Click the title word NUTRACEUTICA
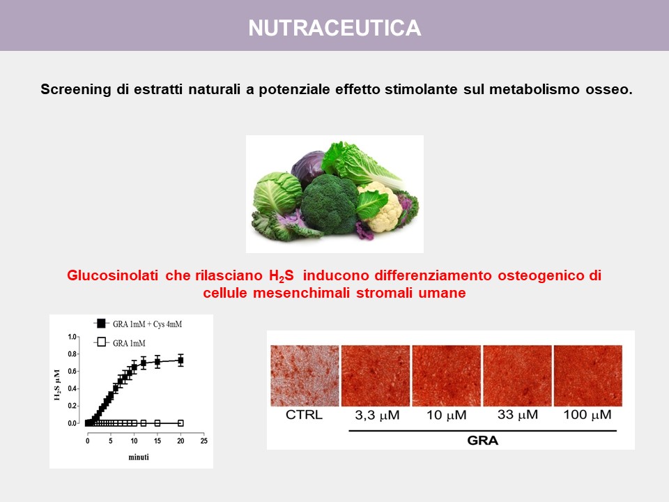334,28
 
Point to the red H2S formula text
281,276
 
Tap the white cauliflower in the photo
380,208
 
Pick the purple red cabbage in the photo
309,167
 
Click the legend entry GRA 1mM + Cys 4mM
138,324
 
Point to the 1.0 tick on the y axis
72,337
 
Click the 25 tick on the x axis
204,441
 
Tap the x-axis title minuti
139,457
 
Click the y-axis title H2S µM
57,385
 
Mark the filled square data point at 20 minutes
180,360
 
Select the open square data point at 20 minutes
180,423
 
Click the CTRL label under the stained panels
304,415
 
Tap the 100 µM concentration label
587,415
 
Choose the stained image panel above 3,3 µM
376,376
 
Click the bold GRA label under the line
482,441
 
